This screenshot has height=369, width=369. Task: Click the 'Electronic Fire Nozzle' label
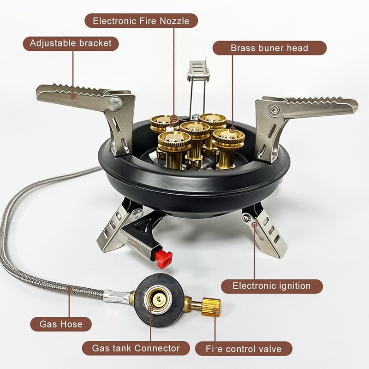[x=142, y=21]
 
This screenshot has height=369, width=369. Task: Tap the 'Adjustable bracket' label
[x=71, y=44]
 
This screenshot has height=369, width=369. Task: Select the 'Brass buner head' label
[x=269, y=48]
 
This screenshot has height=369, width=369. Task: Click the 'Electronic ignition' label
[x=271, y=286]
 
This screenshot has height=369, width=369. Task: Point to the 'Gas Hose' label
[x=61, y=324]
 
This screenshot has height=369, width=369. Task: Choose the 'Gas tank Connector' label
[x=136, y=348]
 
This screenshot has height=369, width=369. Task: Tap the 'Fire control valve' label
[x=244, y=349]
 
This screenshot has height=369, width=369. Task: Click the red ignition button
[x=164, y=259]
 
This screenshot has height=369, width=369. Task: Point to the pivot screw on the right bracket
[x=275, y=110]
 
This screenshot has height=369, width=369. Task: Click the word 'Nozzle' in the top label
[x=177, y=21]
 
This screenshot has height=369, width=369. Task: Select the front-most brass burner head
[x=174, y=141]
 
